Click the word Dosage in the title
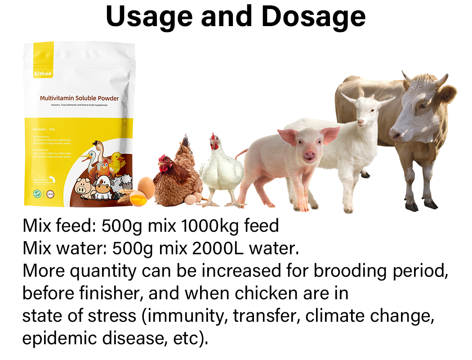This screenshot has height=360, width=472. [x=313, y=16]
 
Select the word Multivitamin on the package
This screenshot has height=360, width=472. [x=57, y=98]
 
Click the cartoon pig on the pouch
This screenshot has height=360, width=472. [x=84, y=187]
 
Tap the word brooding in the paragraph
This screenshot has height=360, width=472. [x=352, y=271]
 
